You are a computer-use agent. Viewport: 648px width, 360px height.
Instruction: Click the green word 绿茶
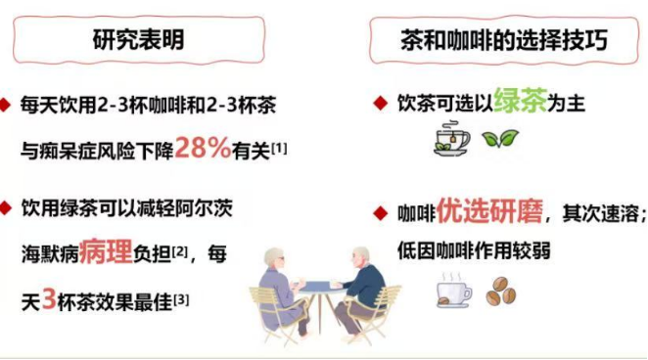[x=520, y=101]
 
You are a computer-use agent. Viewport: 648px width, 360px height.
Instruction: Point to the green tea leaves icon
[x=505, y=140]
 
